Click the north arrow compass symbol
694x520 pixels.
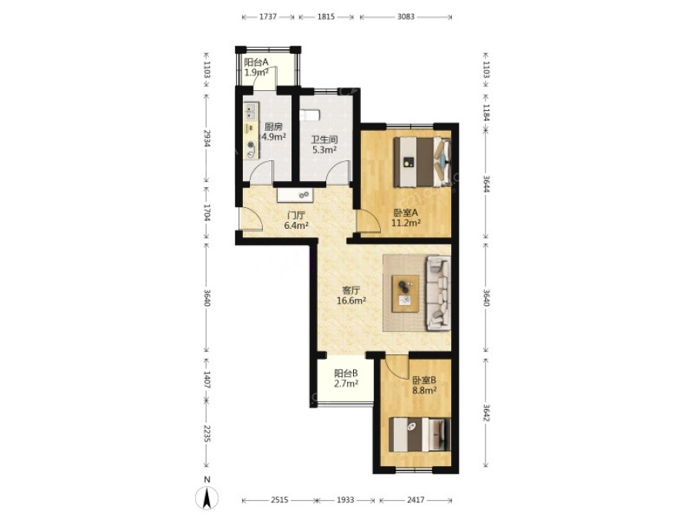click(207, 498)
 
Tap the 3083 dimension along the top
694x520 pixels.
click(406, 17)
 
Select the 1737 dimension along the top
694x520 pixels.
click(268, 17)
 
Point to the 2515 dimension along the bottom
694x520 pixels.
click(280, 500)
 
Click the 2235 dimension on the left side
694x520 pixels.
click(207, 432)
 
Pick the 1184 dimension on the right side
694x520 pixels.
click(486, 112)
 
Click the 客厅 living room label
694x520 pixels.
click(351, 290)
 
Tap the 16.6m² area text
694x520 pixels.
click(351, 301)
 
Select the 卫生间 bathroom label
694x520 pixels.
click(325, 139)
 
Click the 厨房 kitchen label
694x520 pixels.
click(273, 127)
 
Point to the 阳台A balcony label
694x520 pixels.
click(256, 62)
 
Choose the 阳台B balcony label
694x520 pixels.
click(346, 373)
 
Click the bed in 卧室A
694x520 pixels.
click(423, 162)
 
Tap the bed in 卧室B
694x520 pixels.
click(419, 434)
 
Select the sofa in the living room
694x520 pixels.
click(438, 294)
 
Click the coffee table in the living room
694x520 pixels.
click(406, 294)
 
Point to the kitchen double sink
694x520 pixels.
click(251, 112)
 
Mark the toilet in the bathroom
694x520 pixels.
click(309, 116)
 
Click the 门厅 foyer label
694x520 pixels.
click(296, 216)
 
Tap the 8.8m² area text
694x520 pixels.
click(424, 391)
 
